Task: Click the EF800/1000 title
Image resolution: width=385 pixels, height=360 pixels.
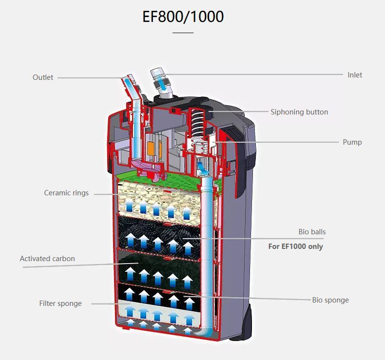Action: pos(183,17)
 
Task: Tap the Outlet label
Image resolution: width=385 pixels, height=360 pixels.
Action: pos(43,77)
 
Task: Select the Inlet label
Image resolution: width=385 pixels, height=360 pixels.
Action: pos(355,75)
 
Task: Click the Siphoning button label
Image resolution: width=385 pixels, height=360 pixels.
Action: pos(299,112)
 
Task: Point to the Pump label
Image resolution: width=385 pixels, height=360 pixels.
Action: pos(352,142)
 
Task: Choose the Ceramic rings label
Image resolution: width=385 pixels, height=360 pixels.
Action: pos(66,193)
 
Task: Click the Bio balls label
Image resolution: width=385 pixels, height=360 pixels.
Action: pos(312,232)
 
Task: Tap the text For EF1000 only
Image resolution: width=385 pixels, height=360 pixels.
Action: pos(296,246)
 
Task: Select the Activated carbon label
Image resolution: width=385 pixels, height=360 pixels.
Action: pos(47,259)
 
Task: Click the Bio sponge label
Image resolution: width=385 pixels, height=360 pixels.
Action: pos(330,300)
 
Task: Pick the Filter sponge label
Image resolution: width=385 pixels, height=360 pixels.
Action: pos(60,303)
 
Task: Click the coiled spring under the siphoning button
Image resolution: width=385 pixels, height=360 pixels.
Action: pos(197,122)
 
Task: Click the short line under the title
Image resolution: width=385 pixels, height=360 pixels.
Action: pos(183,32)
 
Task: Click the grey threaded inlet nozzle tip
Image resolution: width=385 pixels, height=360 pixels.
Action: pos(157,73)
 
